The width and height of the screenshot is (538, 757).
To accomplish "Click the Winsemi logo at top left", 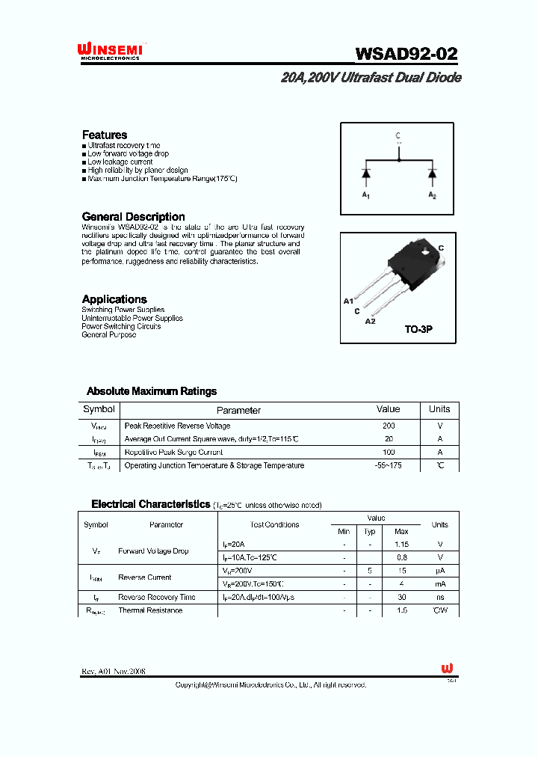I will click(111, 51).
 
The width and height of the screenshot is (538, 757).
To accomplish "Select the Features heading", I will click(105, 135).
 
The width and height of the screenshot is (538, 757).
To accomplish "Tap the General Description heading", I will click(133, 217).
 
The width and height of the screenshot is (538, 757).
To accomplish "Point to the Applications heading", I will click(114, 299).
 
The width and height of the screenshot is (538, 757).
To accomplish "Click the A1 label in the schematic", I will click(366, 195).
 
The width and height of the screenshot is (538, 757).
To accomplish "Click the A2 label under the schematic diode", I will click(432, 195).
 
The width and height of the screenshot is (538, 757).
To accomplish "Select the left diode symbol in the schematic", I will click(366, 174).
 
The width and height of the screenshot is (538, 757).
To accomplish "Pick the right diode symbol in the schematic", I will click(432, 174).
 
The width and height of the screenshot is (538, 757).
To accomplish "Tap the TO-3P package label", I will click(418, 329).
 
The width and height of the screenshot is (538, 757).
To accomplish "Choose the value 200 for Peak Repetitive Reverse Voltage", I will click(389, 426).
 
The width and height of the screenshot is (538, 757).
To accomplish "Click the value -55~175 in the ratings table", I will click(389, 465).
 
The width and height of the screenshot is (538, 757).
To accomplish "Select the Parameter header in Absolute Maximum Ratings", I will click(238, 410).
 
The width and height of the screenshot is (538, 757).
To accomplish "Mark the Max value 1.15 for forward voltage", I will click(401, 545).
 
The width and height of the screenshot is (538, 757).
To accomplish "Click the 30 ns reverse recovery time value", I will click(401, 597).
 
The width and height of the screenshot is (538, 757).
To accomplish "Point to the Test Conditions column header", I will click(274, 524).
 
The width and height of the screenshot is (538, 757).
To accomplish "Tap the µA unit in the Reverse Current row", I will click(439, 571).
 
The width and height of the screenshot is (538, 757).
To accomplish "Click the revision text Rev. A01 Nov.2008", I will click(114, 672).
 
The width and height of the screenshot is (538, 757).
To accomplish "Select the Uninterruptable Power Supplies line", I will click(132, 318).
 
